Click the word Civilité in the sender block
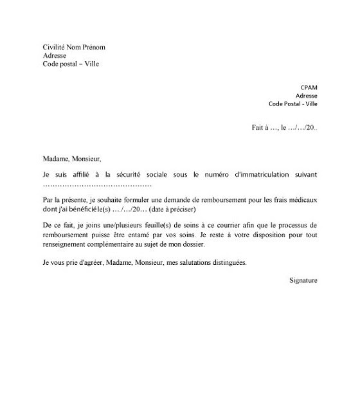[x=55, y=48]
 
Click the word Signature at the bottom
[x=303, y=280]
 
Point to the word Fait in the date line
[x=258, y=128]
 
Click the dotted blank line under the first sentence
[x=97, y=184]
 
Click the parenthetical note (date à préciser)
[x=173, y=210]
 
